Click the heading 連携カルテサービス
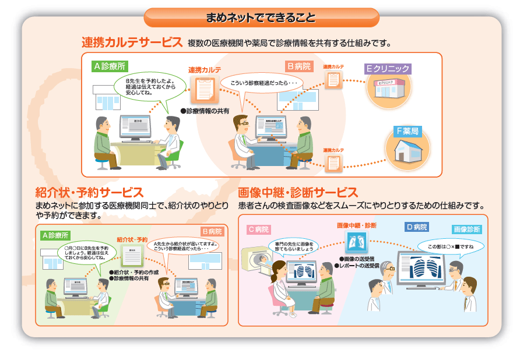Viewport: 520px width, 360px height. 132,43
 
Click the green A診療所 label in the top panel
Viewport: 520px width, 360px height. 110,66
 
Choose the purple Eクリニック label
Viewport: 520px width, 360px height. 387,68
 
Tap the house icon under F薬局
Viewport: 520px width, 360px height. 408,151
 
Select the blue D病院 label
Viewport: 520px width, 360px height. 417,227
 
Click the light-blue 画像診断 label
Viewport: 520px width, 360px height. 466,230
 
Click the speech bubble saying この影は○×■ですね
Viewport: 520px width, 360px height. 451,246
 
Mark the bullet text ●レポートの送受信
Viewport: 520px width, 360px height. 356,266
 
